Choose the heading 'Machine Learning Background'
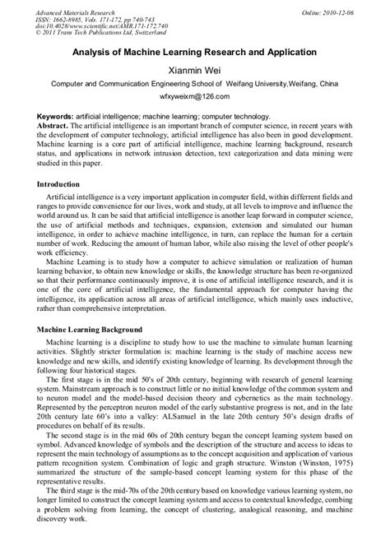coord(91,329)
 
